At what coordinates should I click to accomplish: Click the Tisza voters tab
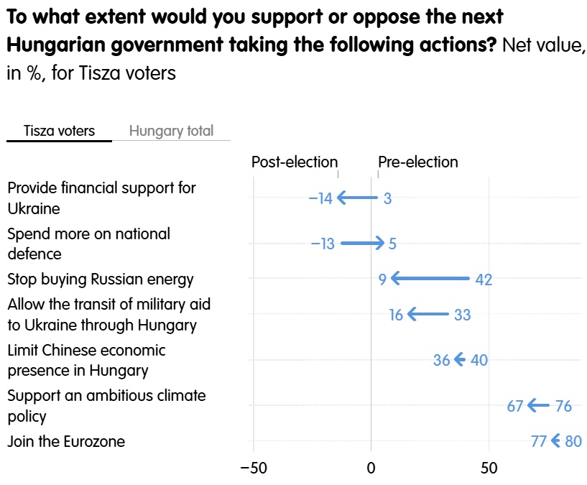coord(59,131)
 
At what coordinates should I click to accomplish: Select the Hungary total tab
coord(171,131)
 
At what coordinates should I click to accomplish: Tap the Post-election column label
coord(295,162)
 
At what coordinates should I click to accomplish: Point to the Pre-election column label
coord(417,162)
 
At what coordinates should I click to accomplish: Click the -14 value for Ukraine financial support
coord(320,198)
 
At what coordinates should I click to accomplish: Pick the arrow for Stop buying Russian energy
coord(430,278)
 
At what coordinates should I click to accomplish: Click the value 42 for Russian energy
coord(484,280)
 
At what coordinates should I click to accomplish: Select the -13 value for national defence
coord(323,244)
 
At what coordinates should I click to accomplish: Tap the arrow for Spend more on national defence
coord(362,243)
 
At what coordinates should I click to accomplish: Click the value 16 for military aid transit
coord(396,315)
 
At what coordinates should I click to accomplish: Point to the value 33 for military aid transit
coord(462,315)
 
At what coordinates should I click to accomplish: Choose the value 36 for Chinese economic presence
coord(441,360)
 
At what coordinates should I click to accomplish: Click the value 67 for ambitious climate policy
coord(514,406)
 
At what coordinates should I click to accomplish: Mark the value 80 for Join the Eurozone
coord(573,441)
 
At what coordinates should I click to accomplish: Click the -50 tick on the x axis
coord(254,468)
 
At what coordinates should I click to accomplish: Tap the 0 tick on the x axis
coord(371,468)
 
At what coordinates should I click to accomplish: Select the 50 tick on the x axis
coord(489,468)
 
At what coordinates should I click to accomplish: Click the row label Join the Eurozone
coord(66,442)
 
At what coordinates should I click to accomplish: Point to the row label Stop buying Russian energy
coord(101,280)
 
